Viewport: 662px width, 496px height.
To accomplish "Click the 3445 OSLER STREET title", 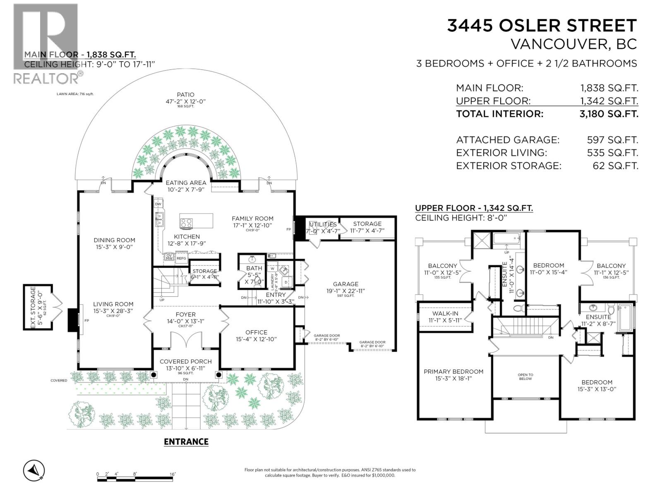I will click(542, 26).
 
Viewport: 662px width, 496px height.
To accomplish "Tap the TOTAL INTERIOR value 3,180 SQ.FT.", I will click(609, 114).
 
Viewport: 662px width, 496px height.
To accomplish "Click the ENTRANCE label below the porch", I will click(186, 442).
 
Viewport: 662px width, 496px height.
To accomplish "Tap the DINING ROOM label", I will click(114, 240).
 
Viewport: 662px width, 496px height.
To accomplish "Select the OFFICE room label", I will click(256, 332).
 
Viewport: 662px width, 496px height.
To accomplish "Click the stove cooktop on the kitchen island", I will click(187, 223).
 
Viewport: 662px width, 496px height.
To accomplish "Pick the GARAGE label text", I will click(345, 284).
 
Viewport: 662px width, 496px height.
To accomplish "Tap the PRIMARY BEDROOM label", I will click(453, 372).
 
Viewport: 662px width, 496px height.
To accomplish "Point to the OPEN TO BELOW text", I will click(525, 377).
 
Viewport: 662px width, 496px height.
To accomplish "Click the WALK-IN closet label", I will click(445, 313).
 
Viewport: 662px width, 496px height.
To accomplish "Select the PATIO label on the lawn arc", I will click(185, 95).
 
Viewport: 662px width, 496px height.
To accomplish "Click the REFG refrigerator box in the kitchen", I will click(181, 258).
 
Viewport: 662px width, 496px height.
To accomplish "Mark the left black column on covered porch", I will click(154, 375).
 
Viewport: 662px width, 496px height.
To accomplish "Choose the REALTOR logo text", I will click(46, 78).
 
